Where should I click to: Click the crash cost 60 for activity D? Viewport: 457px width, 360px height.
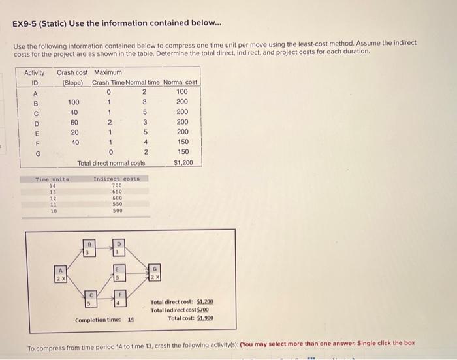pos(74,122)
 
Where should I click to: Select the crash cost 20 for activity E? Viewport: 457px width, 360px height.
pos(74,132)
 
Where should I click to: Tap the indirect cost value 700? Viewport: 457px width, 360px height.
pos(117,185)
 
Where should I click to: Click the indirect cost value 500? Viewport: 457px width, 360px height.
pos(117,211)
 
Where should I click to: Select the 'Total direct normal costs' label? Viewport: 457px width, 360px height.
pos(111,162)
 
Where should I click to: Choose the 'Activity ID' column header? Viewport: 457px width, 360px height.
pos(34,78)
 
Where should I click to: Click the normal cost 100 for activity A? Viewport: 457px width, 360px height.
pos(182,92)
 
